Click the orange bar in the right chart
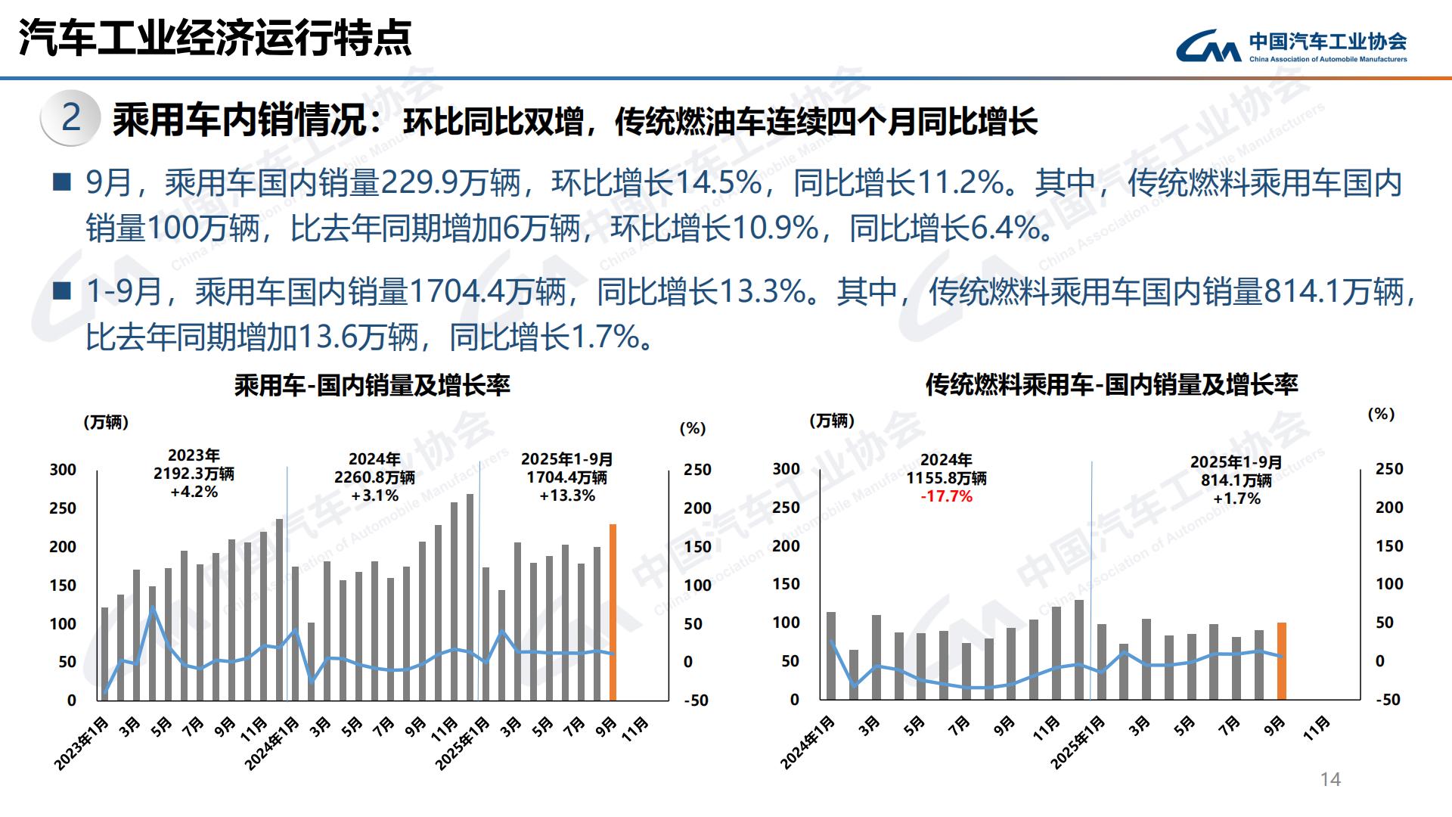(x=1282, y=660)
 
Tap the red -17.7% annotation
(x=946, y=496)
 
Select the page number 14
(x=1329, y=779)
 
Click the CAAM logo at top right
(x=1290, y=46)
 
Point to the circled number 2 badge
(x=70, y=118)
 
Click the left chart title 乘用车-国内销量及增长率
(x=372, y=386)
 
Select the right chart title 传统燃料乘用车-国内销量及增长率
(x=1112, y=385)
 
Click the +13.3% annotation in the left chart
(x=567, y=495)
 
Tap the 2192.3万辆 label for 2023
(x=194, y=474)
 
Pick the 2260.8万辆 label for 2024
(x=374, y=477)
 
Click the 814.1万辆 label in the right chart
(x=1236, y=480)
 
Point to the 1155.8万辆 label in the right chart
(x=946, y=478)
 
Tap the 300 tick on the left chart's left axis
(x=63, y=470)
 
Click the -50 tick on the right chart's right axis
(x=1388, y=700)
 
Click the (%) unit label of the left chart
(x=692, y=428)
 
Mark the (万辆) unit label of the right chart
(x=831, y=421)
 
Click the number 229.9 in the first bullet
(x=418, y=182)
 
